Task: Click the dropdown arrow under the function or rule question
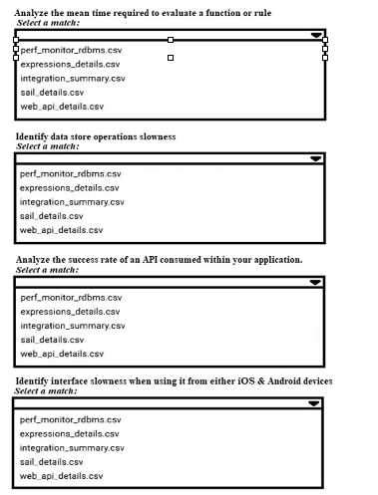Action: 316,34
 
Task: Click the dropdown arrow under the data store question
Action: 315,158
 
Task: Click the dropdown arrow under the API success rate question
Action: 315,282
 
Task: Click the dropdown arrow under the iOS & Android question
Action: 315,404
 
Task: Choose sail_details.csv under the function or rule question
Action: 52,92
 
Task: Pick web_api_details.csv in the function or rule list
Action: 62,106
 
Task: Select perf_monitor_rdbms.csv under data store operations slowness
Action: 70,173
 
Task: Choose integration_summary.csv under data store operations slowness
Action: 72,201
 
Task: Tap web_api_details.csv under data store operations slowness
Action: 62,229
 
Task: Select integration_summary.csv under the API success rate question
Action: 72,325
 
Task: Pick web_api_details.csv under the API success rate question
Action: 62,353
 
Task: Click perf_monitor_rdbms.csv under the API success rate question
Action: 70,297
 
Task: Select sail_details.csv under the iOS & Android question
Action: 52,462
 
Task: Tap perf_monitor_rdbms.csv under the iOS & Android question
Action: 70,420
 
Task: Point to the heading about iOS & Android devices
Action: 174,382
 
